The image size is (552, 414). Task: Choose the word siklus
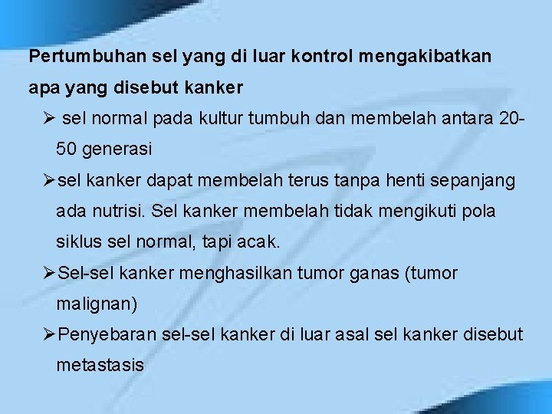pyautogui.click(x=78, y=242)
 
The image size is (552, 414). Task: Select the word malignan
pyautogui.click(x=97, y=304)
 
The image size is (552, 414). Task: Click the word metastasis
pyautogui.click(x=100, y=366)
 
